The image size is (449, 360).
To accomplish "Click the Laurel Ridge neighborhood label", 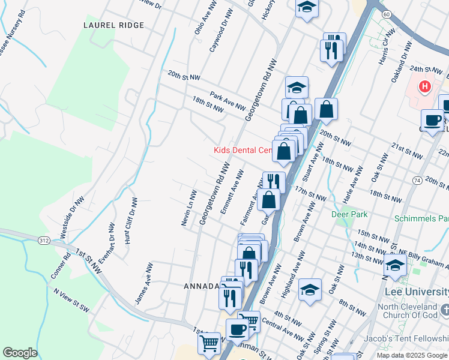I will [x=114, y=25].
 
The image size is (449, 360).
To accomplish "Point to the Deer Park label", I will [x=349, y=214].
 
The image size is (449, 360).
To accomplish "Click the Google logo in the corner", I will [x=20, y=352].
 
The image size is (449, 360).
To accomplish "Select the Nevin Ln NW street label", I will [x=189, y=208].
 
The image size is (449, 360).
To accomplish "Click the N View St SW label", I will [x=71, y=301].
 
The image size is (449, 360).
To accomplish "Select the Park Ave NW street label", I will [x=228, y=101].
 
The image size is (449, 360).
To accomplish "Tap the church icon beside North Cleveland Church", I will [x=445, y=310].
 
